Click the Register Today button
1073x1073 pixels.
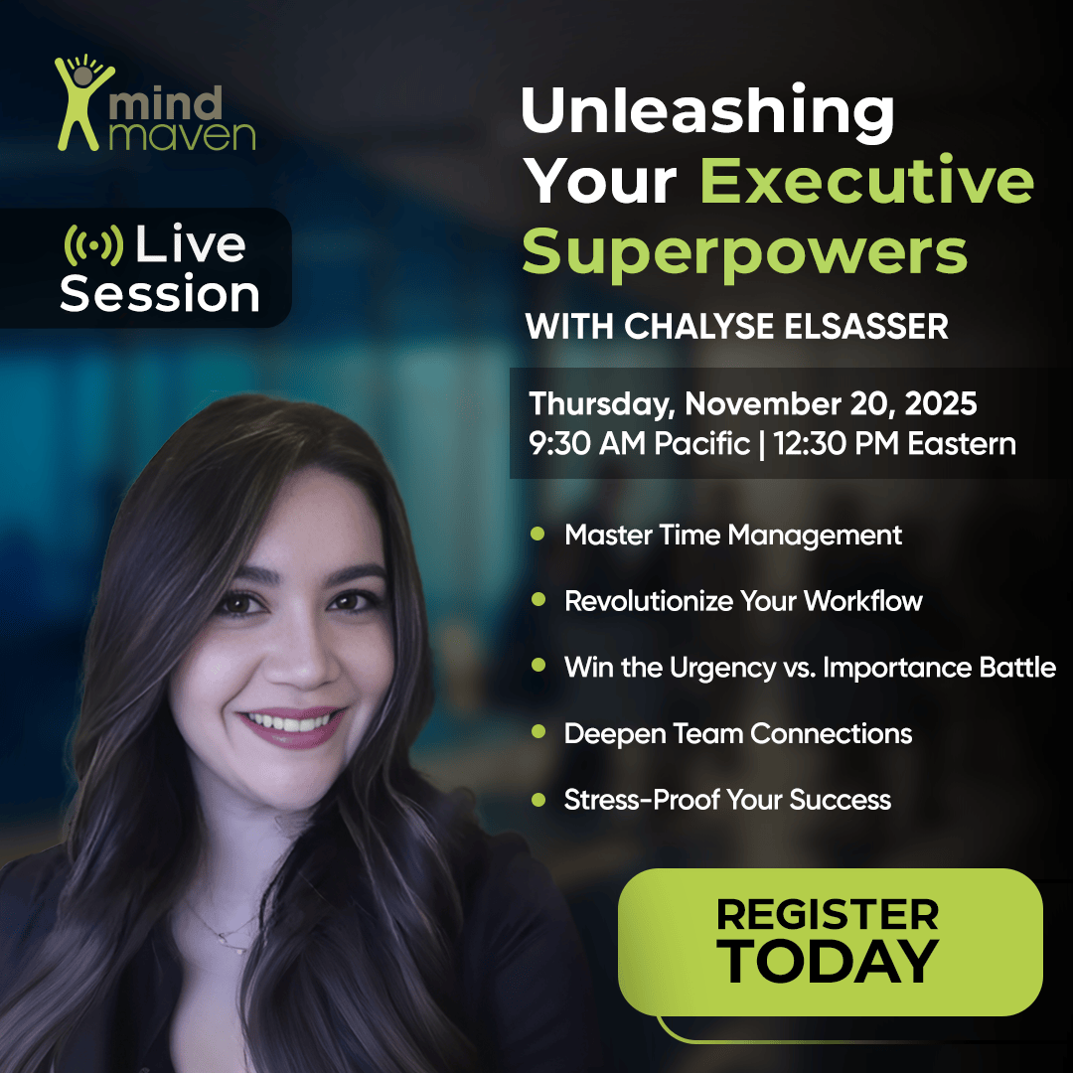coord(830,939)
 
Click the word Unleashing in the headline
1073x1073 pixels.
coord(707,111)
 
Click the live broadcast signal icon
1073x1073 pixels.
coord(93,245)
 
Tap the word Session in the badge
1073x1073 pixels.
coord(160,294)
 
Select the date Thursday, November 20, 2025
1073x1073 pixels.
coord(753,404)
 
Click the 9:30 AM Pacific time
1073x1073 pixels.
coord(639,442)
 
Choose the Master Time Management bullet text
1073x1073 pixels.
coord(733,535)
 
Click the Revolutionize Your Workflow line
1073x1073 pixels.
coord(743,601)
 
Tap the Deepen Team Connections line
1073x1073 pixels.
coord(738,734)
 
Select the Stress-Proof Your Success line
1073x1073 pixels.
coord(727,800)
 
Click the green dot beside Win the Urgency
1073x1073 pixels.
coord(537,666)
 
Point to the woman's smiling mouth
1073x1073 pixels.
coord(291,723)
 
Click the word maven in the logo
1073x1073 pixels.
coord(182,135)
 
